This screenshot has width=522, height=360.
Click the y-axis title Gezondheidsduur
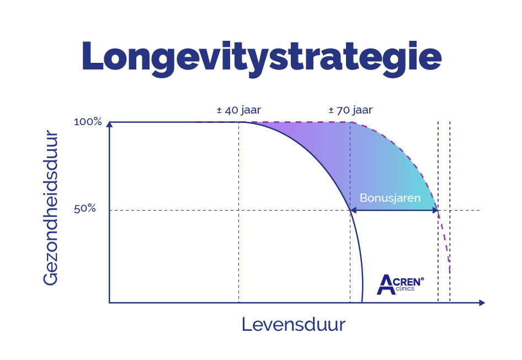50,207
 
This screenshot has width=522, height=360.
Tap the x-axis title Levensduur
293,324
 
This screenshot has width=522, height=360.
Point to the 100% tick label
88,122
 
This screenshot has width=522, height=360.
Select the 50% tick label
86,210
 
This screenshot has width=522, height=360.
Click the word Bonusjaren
390,197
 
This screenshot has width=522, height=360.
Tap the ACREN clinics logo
400,284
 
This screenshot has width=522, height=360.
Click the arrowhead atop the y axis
110,123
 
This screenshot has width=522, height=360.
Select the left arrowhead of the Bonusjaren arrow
353,210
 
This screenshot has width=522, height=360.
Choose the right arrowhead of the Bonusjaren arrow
435,210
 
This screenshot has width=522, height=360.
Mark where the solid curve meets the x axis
362,302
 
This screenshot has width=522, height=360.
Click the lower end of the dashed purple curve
450,271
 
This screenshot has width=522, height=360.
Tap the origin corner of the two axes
110,303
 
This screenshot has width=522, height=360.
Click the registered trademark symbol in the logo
422,279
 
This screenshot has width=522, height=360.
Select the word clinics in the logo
404,288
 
